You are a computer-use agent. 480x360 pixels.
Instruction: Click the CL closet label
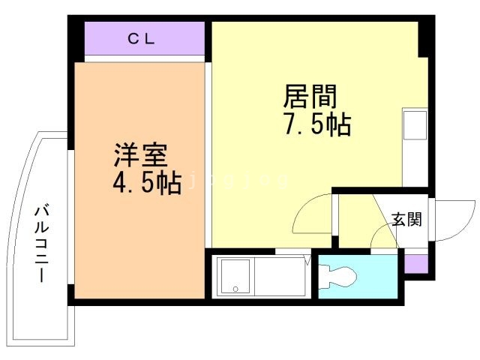coord(140,40)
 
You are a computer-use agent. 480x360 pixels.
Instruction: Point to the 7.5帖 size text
coord(316,124)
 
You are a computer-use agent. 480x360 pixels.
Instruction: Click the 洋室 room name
coord(139,155)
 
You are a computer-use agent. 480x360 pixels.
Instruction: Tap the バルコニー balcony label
coord(42,242)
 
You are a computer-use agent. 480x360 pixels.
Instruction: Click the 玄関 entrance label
coord(406,219)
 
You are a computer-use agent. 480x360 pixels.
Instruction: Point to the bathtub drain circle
coord(235,289)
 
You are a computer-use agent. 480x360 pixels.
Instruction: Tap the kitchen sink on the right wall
coord(414,125)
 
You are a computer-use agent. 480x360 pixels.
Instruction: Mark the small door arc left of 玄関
coord(384,238)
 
